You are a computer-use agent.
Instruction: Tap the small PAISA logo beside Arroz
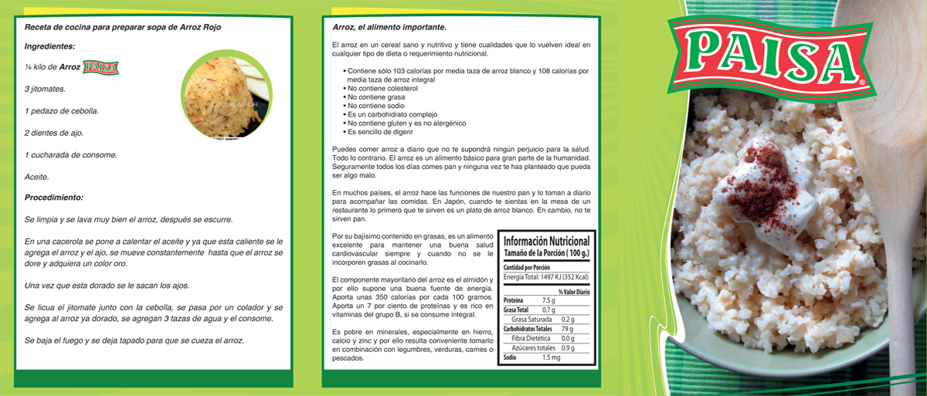point(100,67)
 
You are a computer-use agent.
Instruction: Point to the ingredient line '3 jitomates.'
point(45,89)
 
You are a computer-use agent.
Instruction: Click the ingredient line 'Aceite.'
point(37,177)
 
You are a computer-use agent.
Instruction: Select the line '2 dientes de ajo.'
point(54,133)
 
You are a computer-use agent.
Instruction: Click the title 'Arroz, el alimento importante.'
point(389,28)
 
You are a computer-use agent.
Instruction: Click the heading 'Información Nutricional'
point(546,241)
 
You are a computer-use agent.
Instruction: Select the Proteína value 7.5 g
point(548,300)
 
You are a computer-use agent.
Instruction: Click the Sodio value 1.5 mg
point(551,357)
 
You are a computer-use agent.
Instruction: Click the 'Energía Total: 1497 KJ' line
point(545,276)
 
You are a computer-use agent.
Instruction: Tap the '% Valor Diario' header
point(574,292)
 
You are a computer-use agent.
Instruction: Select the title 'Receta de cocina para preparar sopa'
point(123,28)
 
